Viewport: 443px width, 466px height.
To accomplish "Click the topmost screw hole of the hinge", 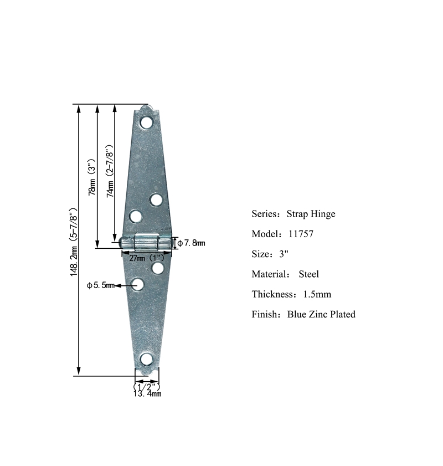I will [x=146, y=122].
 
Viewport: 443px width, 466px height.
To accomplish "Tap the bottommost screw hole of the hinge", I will [x=147, y=359].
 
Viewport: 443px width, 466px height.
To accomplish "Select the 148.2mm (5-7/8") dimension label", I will [x=73, y=242].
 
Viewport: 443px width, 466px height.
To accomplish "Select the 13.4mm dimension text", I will [x=147, y=394].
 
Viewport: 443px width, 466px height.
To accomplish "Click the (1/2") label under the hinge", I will [x=147, y=386].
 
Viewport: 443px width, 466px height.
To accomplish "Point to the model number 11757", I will [x=301, y=234].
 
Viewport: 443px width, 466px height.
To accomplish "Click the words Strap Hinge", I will [x=311, y=214].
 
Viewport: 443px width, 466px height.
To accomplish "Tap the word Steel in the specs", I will [x=308, y=274].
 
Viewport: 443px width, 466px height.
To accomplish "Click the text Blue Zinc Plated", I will [x=321, y=314].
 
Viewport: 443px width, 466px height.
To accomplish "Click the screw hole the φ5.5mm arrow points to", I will [x=138, y=285].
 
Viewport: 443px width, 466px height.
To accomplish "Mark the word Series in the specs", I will [x=265, y=214].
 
